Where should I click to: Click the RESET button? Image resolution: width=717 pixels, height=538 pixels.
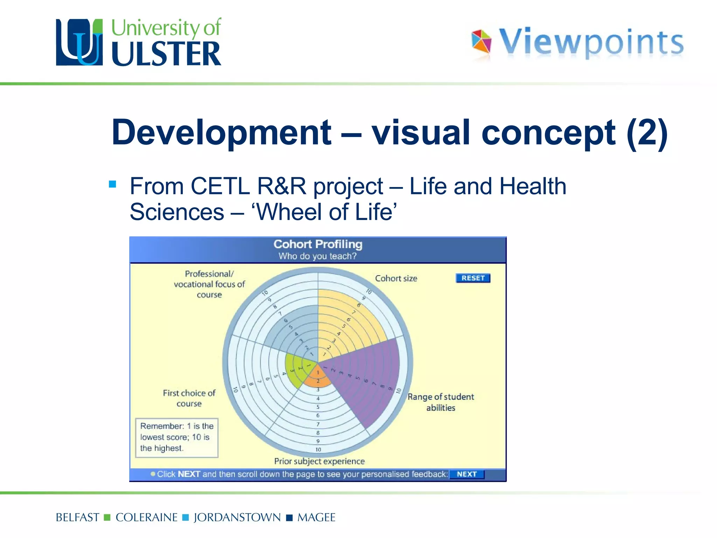(x=473, y=278)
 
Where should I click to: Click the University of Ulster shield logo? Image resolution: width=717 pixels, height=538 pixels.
(x=79, y=42)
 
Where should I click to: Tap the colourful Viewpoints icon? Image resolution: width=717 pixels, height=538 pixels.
(x=481, y=41)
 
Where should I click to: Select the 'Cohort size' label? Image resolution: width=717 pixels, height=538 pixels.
(x=396, y=278)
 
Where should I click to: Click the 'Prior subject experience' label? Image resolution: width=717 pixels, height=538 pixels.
(x=319, y=461)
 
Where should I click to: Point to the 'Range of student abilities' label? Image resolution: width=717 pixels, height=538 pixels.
(x=440, y=402)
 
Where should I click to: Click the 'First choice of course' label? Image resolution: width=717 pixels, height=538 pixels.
(x=189, y=398)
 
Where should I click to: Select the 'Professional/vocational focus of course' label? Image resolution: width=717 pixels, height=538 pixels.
(x=209, y=284)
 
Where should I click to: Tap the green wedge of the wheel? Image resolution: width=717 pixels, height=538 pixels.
(x=296, y=371)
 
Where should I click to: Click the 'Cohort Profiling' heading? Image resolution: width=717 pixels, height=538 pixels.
(x=318, y=244)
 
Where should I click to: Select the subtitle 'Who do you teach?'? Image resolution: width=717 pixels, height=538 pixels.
(x=318, y=256)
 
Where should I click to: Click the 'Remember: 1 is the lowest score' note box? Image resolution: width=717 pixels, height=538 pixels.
(x=177, y=437)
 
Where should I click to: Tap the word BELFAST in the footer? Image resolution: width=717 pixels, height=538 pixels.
(x=77, y=517)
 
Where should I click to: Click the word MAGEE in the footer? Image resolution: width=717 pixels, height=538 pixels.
(x=316, y=517)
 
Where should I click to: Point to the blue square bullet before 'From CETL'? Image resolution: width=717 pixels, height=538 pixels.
(x=112, y=184)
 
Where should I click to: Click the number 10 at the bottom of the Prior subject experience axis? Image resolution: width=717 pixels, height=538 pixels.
(x=318, y=449)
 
